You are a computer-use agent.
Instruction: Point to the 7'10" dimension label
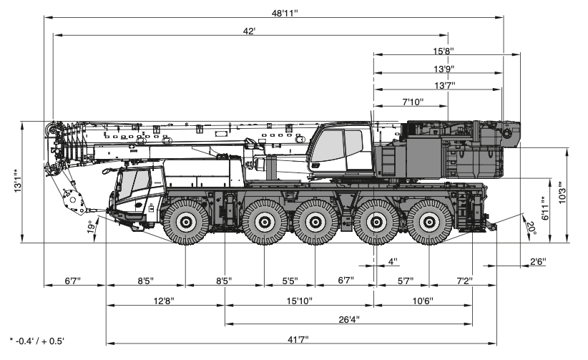point(413,102)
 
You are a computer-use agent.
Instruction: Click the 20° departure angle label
point(531,228)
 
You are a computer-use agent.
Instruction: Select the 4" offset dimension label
point(392,261)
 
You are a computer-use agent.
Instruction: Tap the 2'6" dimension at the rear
point(537,262)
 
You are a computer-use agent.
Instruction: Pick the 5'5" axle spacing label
point(289,281)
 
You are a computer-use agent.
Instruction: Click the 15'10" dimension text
point(300,301)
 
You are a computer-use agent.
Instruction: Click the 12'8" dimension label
point(164,301)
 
